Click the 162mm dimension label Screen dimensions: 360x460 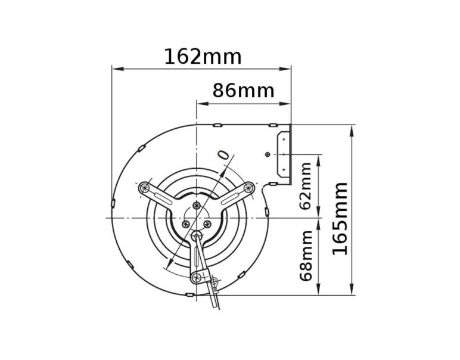[203, 57]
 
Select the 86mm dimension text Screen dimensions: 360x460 [243, 91]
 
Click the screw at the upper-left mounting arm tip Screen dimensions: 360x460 [145, 188]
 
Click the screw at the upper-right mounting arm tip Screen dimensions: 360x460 [248, 189]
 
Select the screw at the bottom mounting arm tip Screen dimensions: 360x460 [196, 277]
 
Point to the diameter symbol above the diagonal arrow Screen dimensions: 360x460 [223, 154]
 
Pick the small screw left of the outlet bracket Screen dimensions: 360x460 [268, 155]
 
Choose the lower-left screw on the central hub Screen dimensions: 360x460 [186, 224]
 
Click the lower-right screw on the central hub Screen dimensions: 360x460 [207, 224]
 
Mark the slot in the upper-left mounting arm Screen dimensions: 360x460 [160, 195]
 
